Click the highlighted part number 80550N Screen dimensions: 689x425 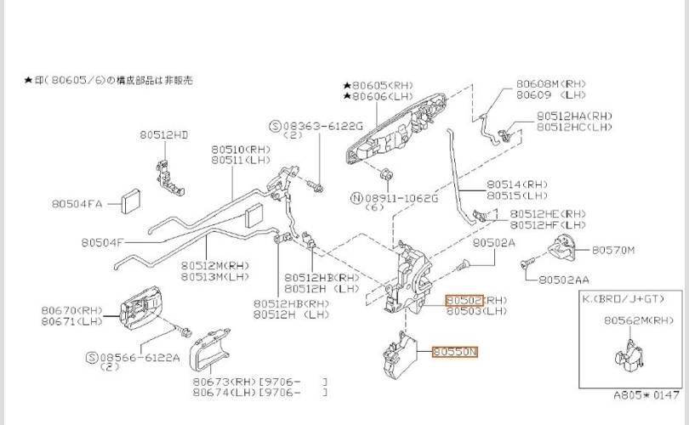(455, 352)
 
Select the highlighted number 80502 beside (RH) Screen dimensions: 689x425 (464, 300)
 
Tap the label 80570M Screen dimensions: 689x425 (613, 250)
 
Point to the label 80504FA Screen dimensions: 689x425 (77, 204)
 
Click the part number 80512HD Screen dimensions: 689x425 (164, 135)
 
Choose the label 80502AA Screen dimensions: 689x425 (564, 280)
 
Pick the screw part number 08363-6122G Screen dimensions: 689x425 (323, 127)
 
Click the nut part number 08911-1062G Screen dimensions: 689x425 (401, 198)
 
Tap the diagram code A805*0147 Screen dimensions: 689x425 (646, 395)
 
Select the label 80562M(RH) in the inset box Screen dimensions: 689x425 (639, 320)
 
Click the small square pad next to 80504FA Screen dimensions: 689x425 (130, 201)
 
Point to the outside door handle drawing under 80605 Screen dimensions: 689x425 (396, 128)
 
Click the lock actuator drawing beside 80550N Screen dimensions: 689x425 (400, 355)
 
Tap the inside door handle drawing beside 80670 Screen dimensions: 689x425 (140, 308)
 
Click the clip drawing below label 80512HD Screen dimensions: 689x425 (169, 178)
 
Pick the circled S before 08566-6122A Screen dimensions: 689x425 (92, 357)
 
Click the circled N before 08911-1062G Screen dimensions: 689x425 (356, 198)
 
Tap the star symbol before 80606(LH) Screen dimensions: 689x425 (347, 96)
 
